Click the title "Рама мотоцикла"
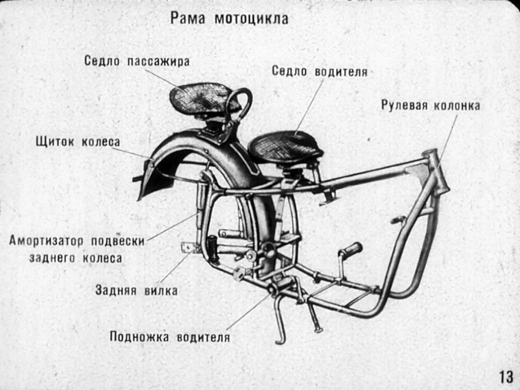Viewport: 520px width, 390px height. pyautogui.click(x=229, y=19)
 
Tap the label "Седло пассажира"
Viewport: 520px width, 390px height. pyautogui.click(x=137, y=61)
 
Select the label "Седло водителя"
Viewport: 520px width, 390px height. pyautogui.click(x=320, y=71)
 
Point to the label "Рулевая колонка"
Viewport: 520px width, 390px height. pyautogui.click(x=431, y=106)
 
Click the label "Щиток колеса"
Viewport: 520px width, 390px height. pyautogui.click(x=78, y=142)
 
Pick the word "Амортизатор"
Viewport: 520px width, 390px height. pyautogui.click(x=46, y=241)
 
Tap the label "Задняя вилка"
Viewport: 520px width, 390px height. pyautogui.click(x=136, y=290)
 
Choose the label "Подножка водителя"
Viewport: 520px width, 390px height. pyautogui.click(x=170, y=337)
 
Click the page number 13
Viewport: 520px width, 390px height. pyautogui.click(x=506, y=377)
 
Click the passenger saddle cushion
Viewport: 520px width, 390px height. pyautogui.click(x=199, y=99)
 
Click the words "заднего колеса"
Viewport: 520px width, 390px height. pyautogui.click(x=76, y=258)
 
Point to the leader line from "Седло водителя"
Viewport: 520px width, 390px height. pyautogui.click(x=309, y=107)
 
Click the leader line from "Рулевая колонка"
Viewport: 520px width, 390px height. pyautogui.click(x=446, y=141)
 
